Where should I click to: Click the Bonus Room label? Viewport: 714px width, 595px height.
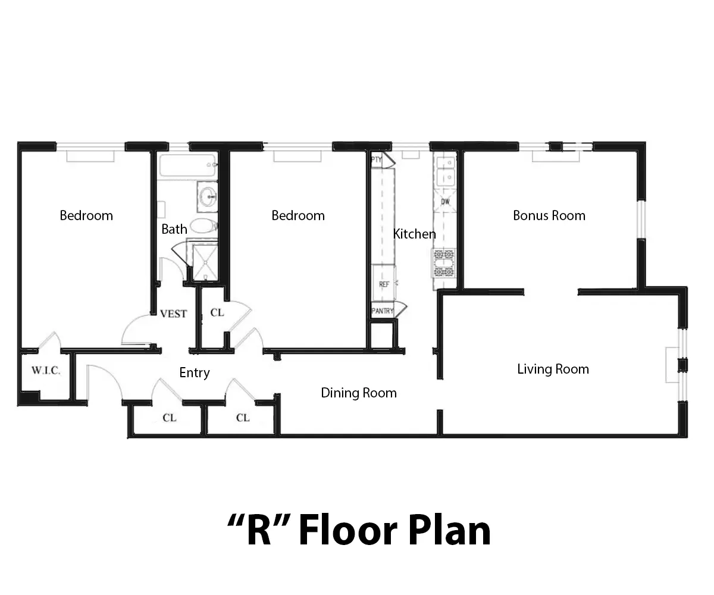(x=549, y=215)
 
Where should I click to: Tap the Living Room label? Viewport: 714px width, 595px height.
(x=553, y=369)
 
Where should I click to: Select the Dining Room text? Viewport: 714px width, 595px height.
(x=359, y=393)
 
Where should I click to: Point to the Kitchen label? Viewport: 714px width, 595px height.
(x=415, y=234)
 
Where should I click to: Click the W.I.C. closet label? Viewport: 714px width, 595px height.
(x=46, y=370)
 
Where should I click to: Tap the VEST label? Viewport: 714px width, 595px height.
(x=174, y=314)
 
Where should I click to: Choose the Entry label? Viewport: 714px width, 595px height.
(x=195, y=372)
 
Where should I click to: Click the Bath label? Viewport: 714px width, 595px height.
(x=174, y=229)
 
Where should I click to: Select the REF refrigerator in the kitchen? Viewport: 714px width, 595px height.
(x=384, y=283)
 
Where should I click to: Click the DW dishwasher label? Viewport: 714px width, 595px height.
(x=445, y=202)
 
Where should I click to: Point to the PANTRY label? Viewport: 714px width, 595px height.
(x=383, y=311)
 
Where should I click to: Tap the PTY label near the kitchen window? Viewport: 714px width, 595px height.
(x=376, y=159)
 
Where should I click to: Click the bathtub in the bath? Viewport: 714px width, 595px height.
(x=188, y=165)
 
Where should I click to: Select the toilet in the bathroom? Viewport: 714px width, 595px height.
(x=203, y=226)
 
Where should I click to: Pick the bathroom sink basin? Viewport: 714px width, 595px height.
(x=208, y=196)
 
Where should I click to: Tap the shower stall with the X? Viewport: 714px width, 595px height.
(x=205, y=262)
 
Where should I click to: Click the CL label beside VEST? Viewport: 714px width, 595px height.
(x=217, y=312)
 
